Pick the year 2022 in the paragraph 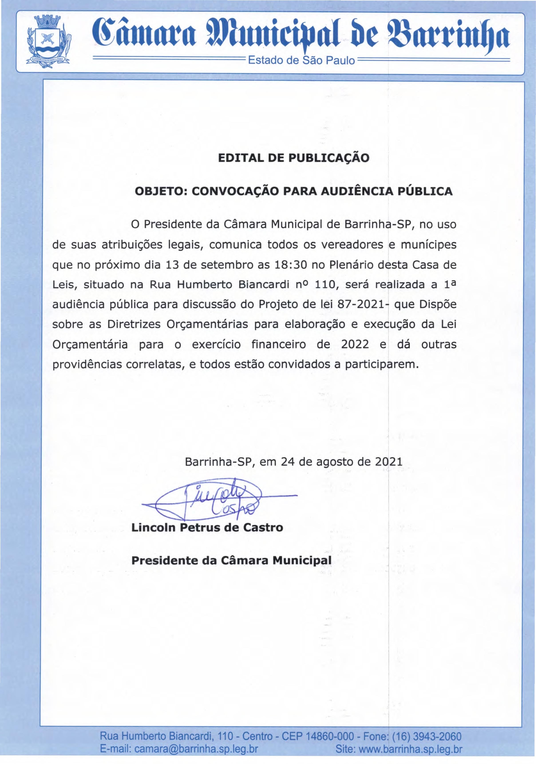tap(355, 344)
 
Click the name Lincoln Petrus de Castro tap(207, 528)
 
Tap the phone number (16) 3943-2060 tap(427, 736)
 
